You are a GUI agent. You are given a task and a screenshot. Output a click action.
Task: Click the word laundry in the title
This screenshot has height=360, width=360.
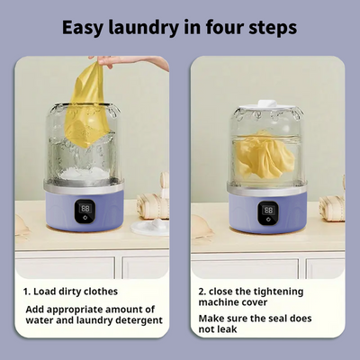(x=143, y=28)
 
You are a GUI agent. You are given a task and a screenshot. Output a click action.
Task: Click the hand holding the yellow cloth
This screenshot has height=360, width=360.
(x=129, y=62)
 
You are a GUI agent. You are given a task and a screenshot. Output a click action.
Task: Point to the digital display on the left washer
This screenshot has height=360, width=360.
(x=85, y=208)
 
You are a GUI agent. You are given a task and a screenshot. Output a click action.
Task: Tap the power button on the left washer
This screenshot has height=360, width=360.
(x=85, y=218)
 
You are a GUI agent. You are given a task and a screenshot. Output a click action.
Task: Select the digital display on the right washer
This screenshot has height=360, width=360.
(x=268, y=210)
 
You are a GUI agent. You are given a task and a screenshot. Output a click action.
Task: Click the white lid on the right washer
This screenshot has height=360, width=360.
(x=267, y=104)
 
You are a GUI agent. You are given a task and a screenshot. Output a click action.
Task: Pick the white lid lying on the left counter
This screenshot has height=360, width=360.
(x=150, y=227)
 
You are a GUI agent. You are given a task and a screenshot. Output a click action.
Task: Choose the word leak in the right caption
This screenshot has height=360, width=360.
(x=226, y=329)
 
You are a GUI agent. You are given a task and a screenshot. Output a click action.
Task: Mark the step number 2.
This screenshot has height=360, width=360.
(x=202, y=292)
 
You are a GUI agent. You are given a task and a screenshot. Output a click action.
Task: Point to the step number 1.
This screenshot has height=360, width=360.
(x=27, y=292)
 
